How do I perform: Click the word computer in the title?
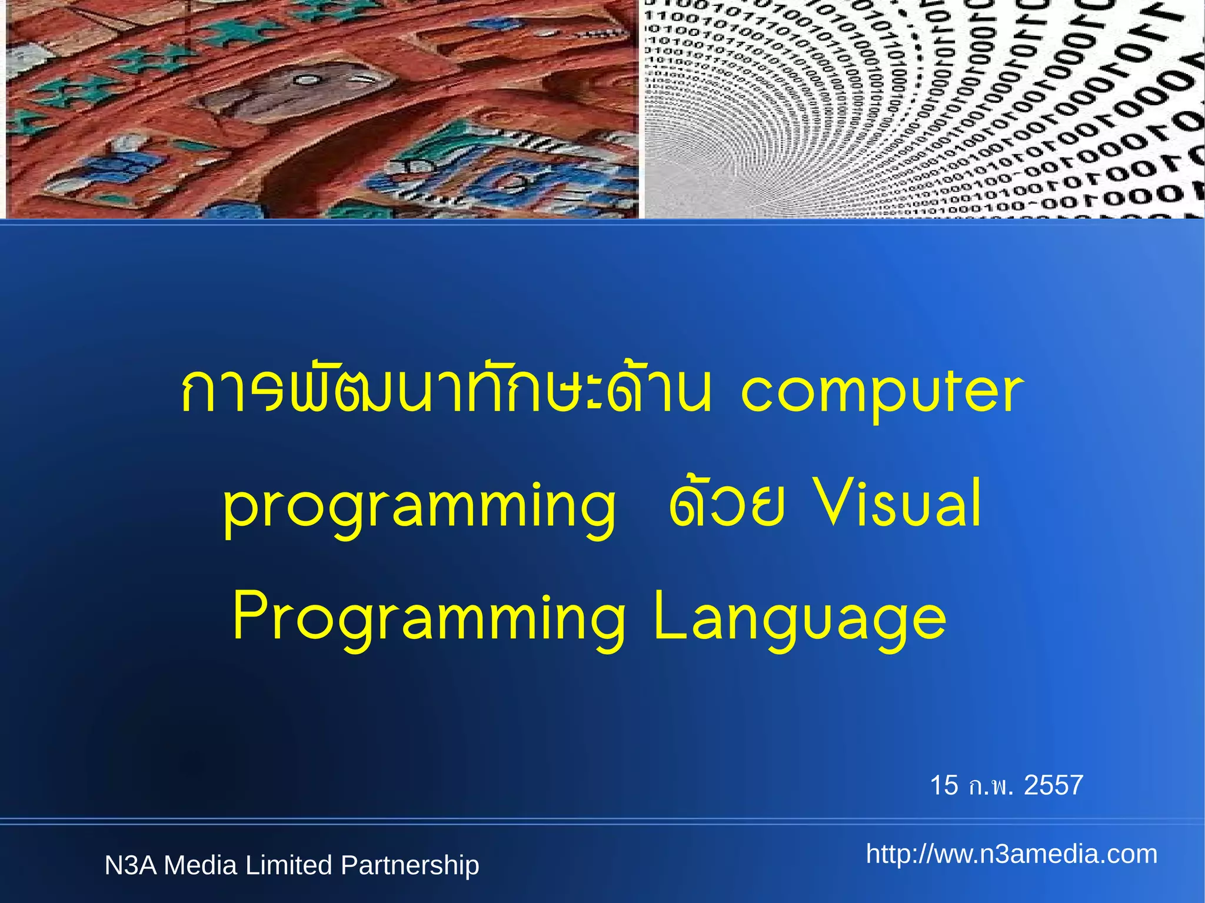(x=881, y=393)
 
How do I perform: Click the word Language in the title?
(x=800, y=619)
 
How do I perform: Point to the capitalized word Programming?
(x=430, y=619)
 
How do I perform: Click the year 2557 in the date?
(x=1053, y=785)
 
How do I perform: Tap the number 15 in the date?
(x=944, y=785)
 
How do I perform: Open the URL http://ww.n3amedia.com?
(x=1011, y=854)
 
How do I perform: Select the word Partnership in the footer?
(x=410, y=865)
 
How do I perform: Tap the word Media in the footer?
(x=200, y=865)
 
